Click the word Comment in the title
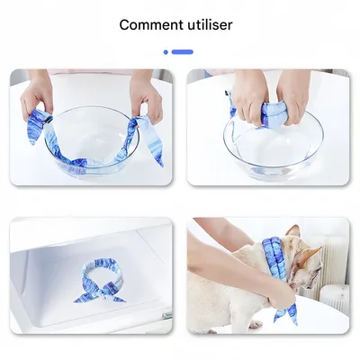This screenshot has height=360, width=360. pyautogui.click(x=149, y=24)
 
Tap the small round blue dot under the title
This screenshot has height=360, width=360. pyautogui.click(x=166, y=52)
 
